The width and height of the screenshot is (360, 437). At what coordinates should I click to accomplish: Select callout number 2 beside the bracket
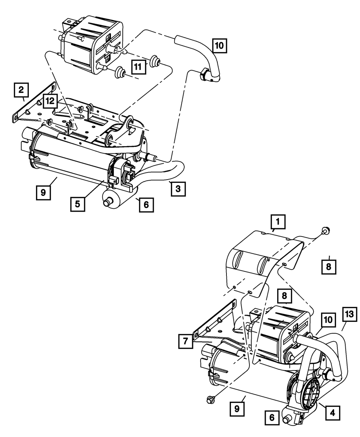[21, 89]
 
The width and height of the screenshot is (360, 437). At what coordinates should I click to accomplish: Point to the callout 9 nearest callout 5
[43, 192]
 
